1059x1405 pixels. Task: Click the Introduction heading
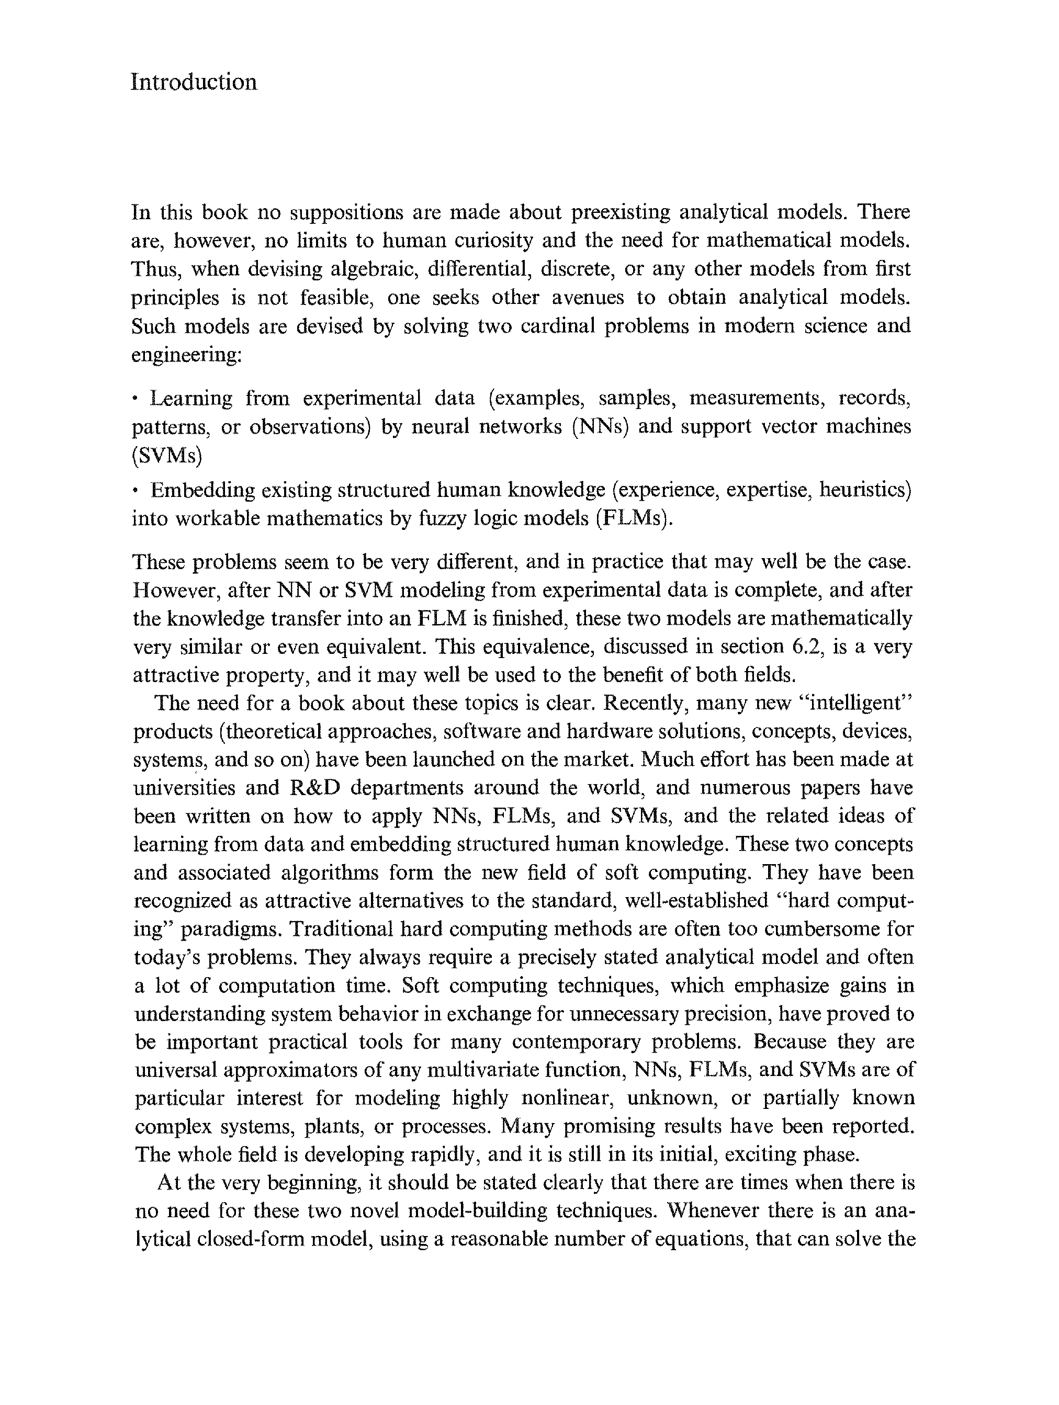tap(194, 83)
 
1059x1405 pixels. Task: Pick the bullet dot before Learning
tap(136, 400)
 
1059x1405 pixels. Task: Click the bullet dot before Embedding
tap(136, 491)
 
